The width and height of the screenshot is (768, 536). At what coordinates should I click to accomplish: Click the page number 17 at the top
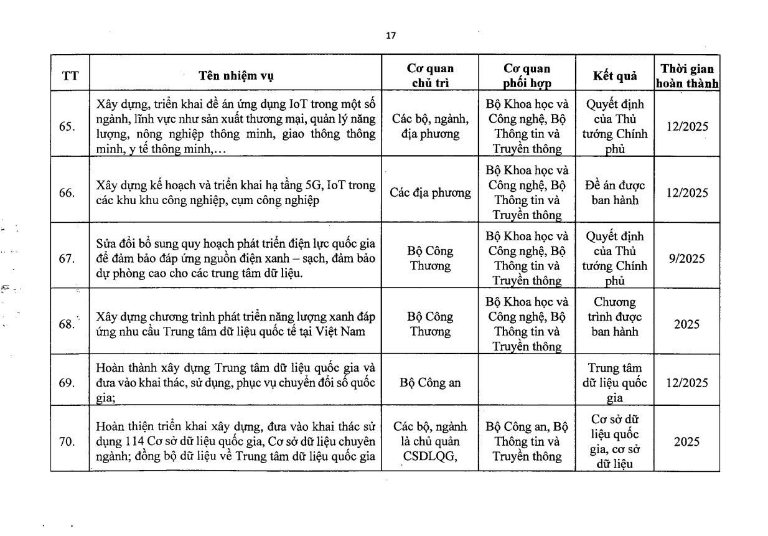coord(390,35)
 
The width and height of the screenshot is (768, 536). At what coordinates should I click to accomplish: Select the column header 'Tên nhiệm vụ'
coord(236,76)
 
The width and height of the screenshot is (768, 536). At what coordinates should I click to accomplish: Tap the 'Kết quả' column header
coord(615,76)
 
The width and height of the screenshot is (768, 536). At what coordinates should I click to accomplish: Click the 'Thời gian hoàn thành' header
coord(687,76)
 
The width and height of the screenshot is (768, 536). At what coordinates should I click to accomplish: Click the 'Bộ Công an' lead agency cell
coord(430,383)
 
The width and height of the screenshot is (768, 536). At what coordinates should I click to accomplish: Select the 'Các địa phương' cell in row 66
coord(430,193)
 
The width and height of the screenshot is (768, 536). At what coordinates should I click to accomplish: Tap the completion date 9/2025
coord(686,258)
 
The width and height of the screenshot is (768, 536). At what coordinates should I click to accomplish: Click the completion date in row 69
coord(686,383)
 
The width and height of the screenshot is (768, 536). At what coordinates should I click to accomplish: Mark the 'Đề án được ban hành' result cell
coord(615,193)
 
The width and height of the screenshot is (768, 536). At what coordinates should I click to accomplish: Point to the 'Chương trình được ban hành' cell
coord(615,317)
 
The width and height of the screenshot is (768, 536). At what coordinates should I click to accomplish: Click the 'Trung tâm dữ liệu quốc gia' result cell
coord(615,383)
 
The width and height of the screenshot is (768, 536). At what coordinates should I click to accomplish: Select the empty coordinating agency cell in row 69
coord(527,383)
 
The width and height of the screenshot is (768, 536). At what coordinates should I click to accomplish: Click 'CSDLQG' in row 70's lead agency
coord(430,456)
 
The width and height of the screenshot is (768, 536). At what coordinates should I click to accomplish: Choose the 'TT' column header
coord(70,76)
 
